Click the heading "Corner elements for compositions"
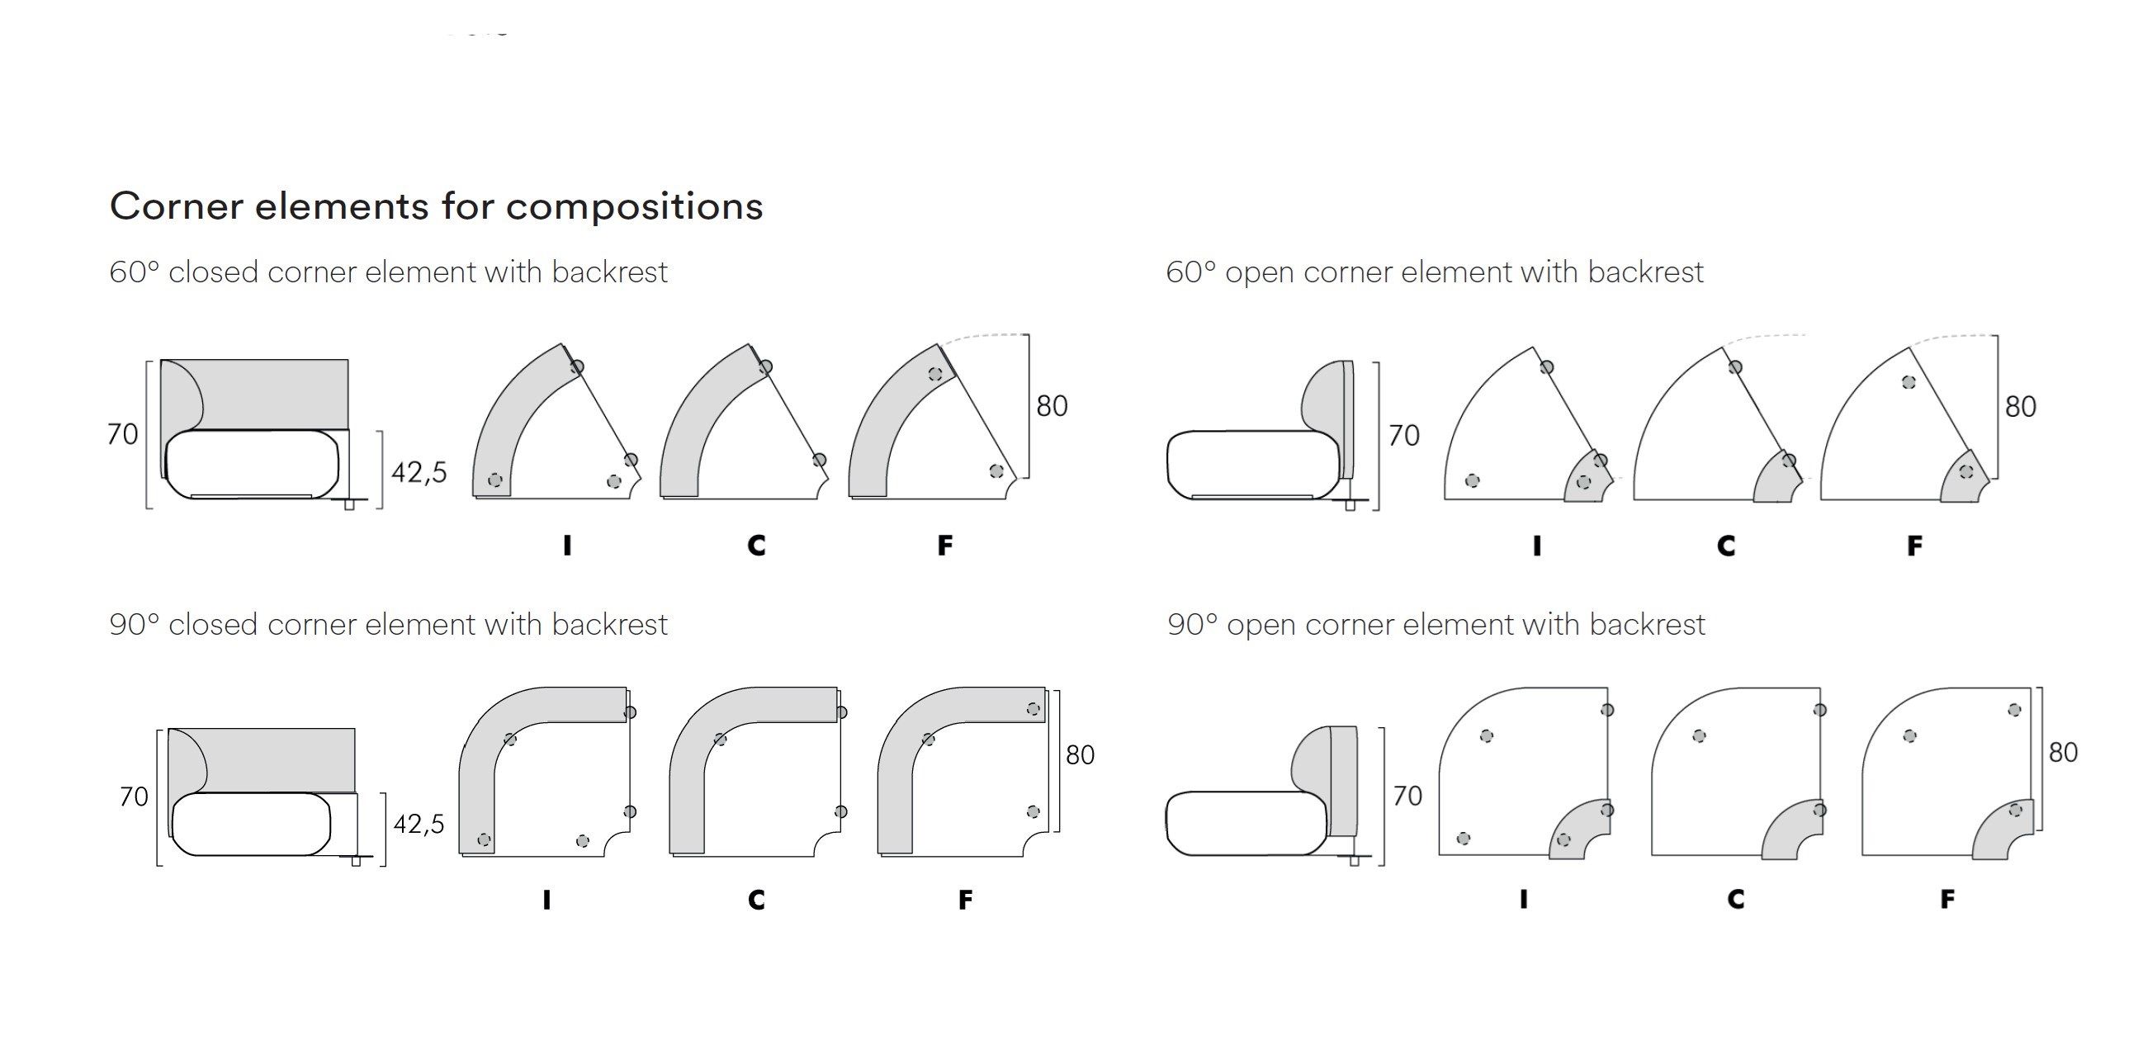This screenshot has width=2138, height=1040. [436, 206]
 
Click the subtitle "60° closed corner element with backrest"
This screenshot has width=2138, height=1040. [389, 272]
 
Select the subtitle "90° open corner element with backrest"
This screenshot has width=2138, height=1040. [1436, 625]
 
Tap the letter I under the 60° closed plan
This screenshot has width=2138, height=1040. [567, 546]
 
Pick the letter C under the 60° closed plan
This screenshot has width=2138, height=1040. [756, 546]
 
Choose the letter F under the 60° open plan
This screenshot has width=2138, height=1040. [1914, 546]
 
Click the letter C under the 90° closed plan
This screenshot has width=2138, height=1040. [756, 900]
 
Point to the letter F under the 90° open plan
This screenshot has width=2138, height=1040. [1947, 899]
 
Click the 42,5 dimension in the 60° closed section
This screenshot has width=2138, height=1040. [419, 472]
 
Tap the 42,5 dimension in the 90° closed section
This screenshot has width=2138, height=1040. [419, 825]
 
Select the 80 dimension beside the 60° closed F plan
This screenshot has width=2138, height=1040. [1052, 406]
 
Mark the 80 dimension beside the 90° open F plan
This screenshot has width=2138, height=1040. [2063, 753]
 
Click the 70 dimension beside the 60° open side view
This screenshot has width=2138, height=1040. [1403, 435]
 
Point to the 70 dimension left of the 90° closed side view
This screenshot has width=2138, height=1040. [134, 797]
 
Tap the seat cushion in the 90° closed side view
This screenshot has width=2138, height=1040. [249, 824]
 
